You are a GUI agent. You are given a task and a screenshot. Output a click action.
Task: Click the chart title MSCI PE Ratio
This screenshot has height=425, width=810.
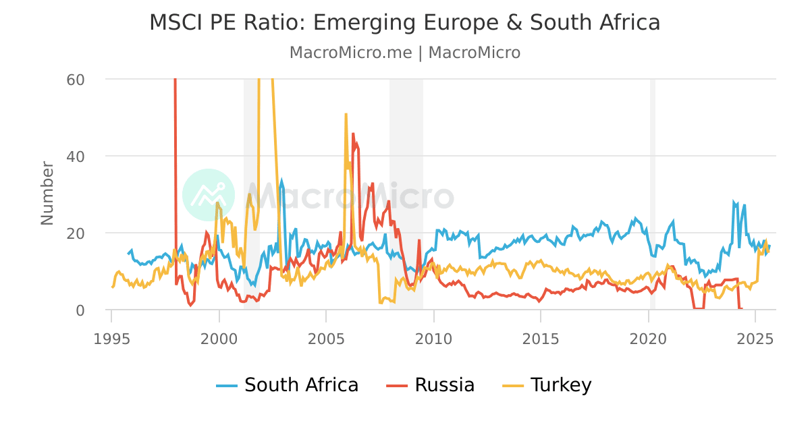click(404, 23)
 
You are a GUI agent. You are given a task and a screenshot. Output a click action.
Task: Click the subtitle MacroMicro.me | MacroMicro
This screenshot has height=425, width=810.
click(404, 53)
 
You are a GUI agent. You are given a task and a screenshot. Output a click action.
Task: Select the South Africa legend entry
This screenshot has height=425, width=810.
click(288, 385)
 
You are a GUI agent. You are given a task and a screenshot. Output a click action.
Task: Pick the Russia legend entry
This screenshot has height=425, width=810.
click(431, 385)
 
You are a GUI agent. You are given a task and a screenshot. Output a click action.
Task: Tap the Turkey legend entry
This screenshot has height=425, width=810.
click(547, 385)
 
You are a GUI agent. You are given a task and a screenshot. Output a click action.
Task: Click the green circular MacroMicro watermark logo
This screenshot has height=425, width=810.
click(209, 195)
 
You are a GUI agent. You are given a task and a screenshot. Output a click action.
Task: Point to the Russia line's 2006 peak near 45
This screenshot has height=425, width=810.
click(353, 134)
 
